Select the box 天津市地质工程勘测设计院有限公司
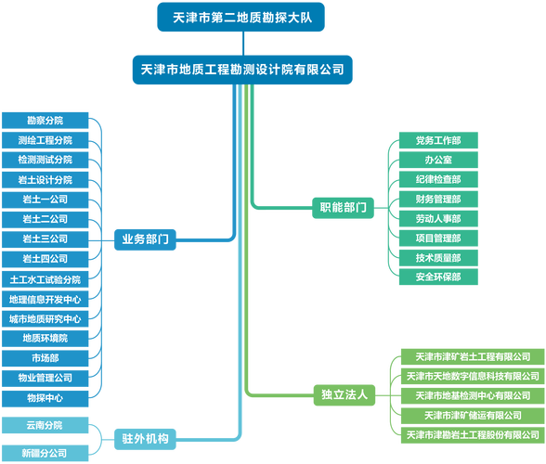(x=242, y=70)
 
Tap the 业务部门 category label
(x=145, y=238)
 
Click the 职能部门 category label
(x=343, y=207)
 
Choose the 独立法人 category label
(x=344, y=394)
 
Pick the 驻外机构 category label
(x=145, y=437)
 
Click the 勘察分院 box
(x=45, y=121)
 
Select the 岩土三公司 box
(x=45, y=238)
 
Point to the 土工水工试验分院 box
(x=45, y=278)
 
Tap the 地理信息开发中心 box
(x=45, y=299)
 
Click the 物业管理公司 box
(x=45, y=378)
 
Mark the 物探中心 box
(x=45, y=397)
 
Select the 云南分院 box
(x=45, y=425)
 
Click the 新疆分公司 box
(x=45, y=453)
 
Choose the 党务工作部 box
(x=437, y=140)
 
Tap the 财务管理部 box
(x=437, y=199)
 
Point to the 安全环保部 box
(x=437, y=277)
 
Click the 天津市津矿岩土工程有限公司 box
(x=473, y=356)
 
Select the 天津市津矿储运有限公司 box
(x=473, y=415)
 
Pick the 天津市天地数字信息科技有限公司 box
(x=473, y=376)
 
